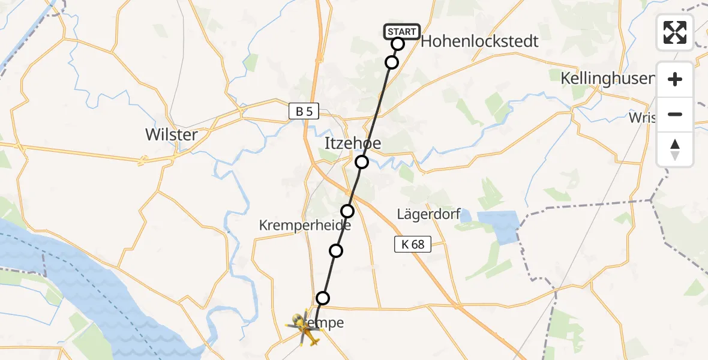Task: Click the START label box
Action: [x=401, y=32]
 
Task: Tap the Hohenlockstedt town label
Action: [x=479, y=41]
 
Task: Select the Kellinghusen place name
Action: [x=606, y=79]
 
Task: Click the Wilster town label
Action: [x=171, y=134]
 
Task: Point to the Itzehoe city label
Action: [x=352, y=143]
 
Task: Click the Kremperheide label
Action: [x=296, y=225]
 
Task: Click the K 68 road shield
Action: [x=413, y=244]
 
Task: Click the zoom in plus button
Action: [x=675, y=79]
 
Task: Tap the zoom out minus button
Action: [x=675, y=114]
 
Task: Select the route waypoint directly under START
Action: [x=392, y=62]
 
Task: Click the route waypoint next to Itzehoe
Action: [x=361, y=162]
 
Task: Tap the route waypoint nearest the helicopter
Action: [x=323, y=298]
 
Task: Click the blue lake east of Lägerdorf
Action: [x=498, y=225]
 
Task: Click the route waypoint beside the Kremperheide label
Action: [x=347, y=211]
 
